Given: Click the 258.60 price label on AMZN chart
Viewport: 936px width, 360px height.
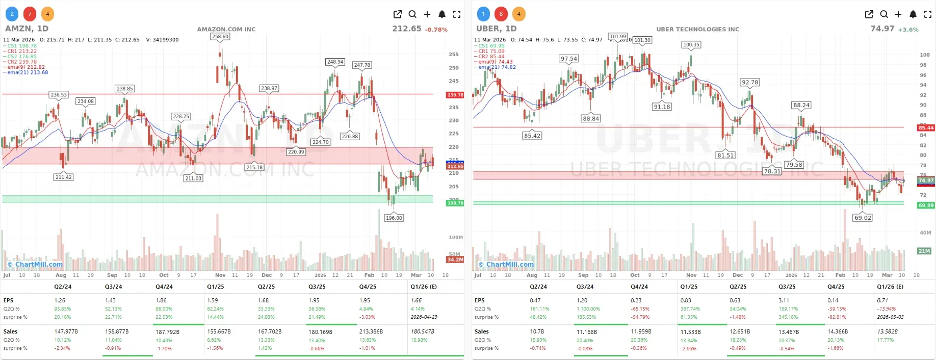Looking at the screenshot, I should (220, 37).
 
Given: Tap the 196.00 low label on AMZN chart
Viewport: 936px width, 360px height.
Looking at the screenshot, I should (394, 218).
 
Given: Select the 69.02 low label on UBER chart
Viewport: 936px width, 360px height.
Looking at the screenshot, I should (863, 218).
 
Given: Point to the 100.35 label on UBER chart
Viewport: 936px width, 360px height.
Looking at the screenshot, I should (691, 45).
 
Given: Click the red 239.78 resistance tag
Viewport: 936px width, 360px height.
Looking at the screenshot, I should (455, 95).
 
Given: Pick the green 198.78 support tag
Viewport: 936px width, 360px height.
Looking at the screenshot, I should (455, 203).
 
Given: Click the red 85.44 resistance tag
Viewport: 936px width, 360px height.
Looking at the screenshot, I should (926, 128).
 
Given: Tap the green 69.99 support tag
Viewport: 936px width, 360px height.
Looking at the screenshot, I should (926, 205).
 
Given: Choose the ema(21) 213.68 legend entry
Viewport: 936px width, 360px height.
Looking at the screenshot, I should (28, 72).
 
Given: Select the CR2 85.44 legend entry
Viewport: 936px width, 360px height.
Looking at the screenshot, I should (491, 57).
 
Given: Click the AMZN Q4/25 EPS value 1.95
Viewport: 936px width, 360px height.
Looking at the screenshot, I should (365, 300).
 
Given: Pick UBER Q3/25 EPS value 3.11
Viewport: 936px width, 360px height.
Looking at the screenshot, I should (784, 300).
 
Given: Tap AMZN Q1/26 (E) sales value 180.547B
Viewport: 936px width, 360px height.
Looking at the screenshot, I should (422, 331).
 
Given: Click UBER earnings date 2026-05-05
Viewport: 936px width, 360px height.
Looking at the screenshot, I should (890, 317).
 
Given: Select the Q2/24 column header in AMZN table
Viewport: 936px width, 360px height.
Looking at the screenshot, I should (63, 287).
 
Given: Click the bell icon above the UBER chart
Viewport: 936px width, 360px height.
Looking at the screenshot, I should (913, 14).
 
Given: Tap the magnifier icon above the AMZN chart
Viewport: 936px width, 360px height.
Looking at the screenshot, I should (412, 14).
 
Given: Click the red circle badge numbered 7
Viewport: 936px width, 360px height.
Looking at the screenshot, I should (30, 14).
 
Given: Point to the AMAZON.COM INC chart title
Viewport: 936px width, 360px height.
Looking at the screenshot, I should (226, 29).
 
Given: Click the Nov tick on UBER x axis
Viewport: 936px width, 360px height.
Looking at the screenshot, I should (691, 275).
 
